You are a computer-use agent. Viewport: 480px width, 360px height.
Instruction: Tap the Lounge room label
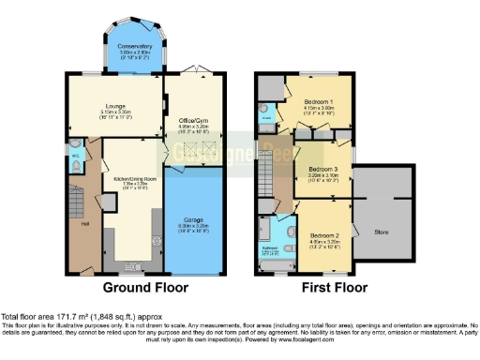click(x=116, y=106)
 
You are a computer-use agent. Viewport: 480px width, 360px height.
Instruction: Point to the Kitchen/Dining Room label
click(x=132, y=178)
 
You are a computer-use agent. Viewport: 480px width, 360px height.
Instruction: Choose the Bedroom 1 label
click(x=320, y=99)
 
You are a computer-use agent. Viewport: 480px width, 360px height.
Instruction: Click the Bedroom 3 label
click(x=322, y=169)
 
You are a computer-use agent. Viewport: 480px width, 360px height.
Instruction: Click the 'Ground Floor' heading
click(x=145, y=287)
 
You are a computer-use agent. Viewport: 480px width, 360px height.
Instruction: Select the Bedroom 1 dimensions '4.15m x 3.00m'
click(x=320, y=107)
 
